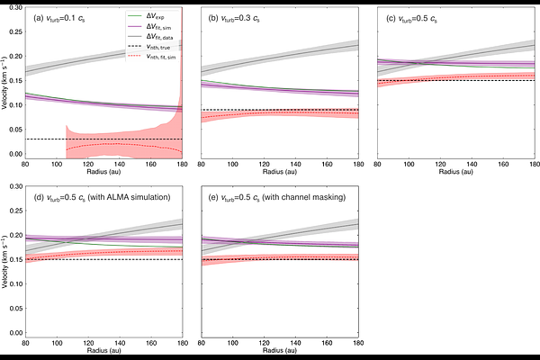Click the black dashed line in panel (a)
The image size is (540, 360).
54,139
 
